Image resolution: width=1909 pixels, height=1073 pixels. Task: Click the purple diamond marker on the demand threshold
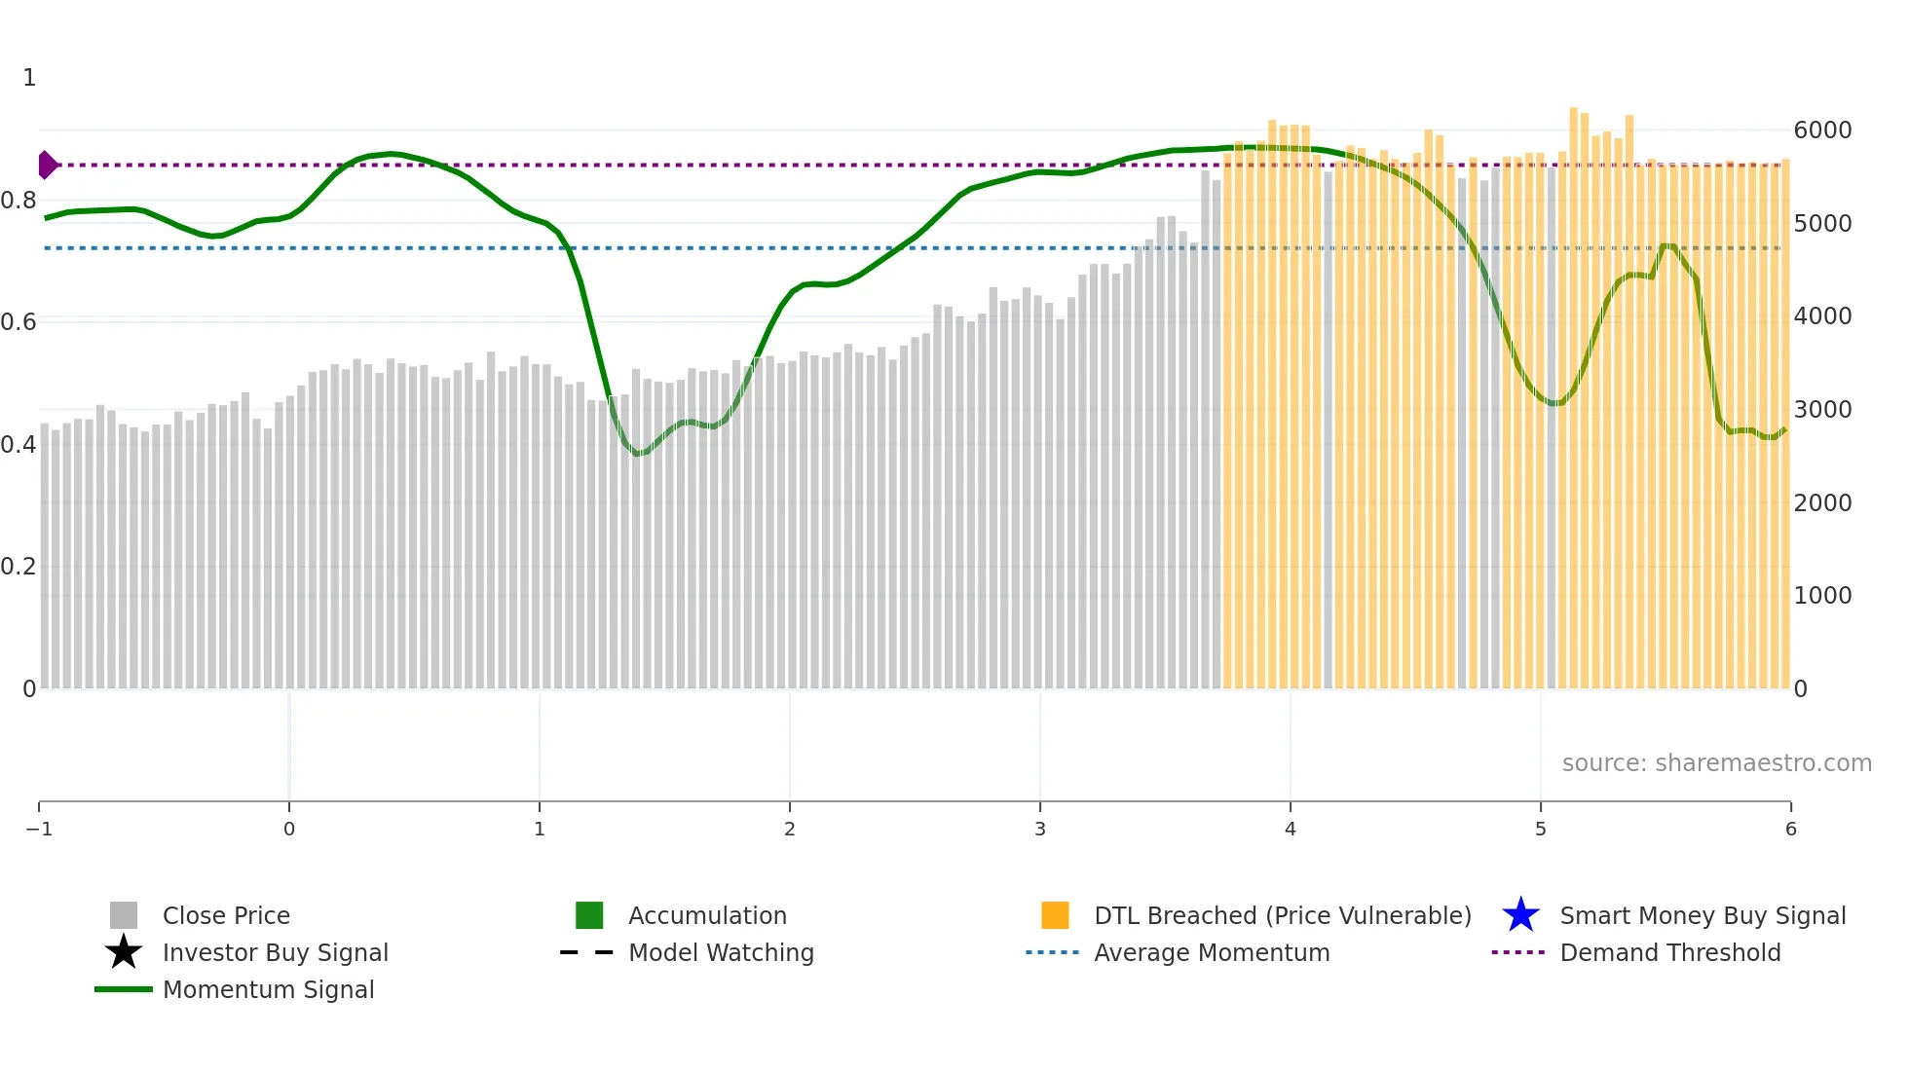pos(47,165)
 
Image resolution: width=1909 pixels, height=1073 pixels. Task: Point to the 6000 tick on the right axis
pos(1822,130)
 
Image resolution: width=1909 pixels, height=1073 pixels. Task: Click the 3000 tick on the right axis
pos(1822,410)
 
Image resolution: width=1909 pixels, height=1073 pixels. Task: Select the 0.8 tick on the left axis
pos(19,201)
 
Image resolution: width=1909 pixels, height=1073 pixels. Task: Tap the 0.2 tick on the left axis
pos(19,567)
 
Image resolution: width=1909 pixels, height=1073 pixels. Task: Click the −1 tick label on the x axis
pos(39,829)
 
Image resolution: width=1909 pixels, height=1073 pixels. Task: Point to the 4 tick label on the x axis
pos(1291,829)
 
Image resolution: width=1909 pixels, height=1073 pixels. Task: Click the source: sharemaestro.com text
pos(1716,762)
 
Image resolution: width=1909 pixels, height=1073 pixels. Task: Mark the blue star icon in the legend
pos(1520,915)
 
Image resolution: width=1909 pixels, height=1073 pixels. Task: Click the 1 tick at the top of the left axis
pos(29,78)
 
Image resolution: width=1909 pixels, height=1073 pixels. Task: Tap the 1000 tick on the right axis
pos(1822,596)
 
